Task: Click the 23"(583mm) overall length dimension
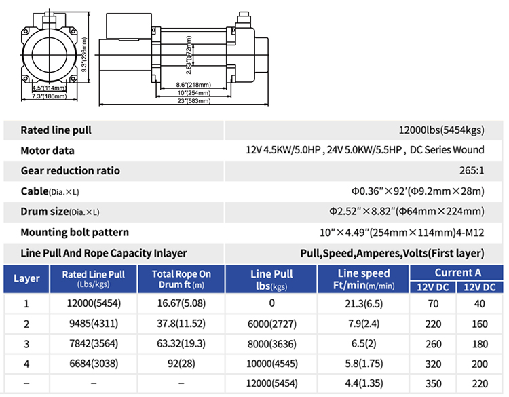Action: click(194, 101)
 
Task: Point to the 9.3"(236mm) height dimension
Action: click(84, 54)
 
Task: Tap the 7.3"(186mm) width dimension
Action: click(50, 96)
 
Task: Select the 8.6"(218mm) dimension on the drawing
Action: click(193, 85)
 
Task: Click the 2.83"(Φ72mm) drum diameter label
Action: click(189, 55)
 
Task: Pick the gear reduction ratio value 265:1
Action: click(472, 171)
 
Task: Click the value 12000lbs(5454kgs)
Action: click(442, 130)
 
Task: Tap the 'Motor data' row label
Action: click(48, 151)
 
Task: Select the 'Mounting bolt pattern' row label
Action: click(75, 232)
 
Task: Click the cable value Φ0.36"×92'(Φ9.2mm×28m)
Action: click(418, 191)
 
